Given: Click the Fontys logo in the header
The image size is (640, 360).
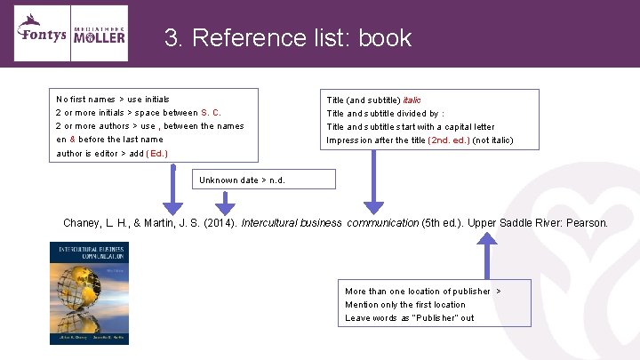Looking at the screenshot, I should pos(41,34).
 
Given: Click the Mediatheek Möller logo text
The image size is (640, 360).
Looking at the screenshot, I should pos(99,34).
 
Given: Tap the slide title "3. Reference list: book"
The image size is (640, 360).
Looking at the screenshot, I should pos(288,38).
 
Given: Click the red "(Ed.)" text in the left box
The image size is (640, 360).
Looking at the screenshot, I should pos(156,153).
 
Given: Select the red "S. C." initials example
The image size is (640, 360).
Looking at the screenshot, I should pos(212,113).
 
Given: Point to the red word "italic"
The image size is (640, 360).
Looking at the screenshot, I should pos(412,100).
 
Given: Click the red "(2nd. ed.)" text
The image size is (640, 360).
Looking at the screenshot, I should pos(449,140).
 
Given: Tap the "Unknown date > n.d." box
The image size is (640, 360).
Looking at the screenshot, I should pos(265,180).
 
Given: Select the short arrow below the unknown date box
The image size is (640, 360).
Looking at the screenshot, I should pos(226,203).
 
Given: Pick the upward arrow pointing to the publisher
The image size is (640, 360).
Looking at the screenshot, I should pos(488,258).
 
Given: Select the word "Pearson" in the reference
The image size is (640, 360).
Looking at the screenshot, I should pos(586,223).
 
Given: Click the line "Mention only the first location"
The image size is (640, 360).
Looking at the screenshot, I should pos(404,305).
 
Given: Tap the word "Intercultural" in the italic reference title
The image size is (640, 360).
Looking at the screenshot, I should pos(268,223).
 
